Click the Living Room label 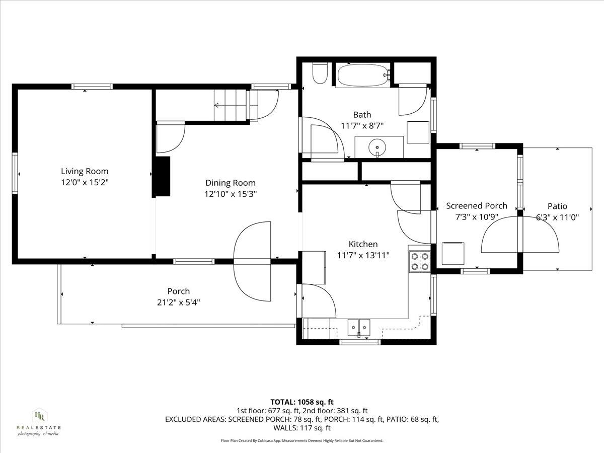[85, 171]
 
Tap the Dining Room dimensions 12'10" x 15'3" [230, 194]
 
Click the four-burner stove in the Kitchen [420, 261]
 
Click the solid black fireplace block [162, 177]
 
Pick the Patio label [557, 206]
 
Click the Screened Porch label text [476, 206]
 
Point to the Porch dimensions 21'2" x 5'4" [179, 302]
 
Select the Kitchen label [363, 244]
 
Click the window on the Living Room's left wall [15, 173]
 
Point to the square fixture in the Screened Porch [453, 253]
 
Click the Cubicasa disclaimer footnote [302, 440]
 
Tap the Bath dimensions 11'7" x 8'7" [362, 126]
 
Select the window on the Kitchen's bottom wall [359, 342]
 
